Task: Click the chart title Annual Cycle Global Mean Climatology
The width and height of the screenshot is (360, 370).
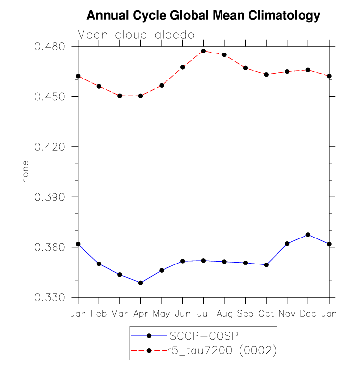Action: click(203, 16)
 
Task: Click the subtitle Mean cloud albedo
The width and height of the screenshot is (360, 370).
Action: click(136, 35)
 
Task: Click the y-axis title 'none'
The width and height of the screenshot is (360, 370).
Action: click(26, 172)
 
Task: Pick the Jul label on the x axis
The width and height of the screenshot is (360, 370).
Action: click(203, 314)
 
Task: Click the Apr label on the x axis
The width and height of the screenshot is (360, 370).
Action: click(141, 314)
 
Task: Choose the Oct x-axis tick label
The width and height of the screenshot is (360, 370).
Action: click(266, 314)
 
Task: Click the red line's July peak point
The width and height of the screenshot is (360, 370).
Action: click(203, 51)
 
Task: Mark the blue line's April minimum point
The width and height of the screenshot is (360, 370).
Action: click(141, 283)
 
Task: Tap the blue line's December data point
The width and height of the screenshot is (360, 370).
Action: click(308, 235)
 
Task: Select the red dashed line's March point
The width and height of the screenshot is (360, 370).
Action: click(120, 96)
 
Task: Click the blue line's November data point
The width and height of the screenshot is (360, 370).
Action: click(287, 243)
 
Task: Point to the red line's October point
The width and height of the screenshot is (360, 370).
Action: click(266, 75)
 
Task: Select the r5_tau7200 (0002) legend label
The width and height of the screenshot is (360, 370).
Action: click(222, 350)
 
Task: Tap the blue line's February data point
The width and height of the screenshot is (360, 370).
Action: click(99, 264)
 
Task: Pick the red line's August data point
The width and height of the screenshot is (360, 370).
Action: click(224, 54)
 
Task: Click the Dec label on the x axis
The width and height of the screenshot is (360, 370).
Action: click(308, 314)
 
